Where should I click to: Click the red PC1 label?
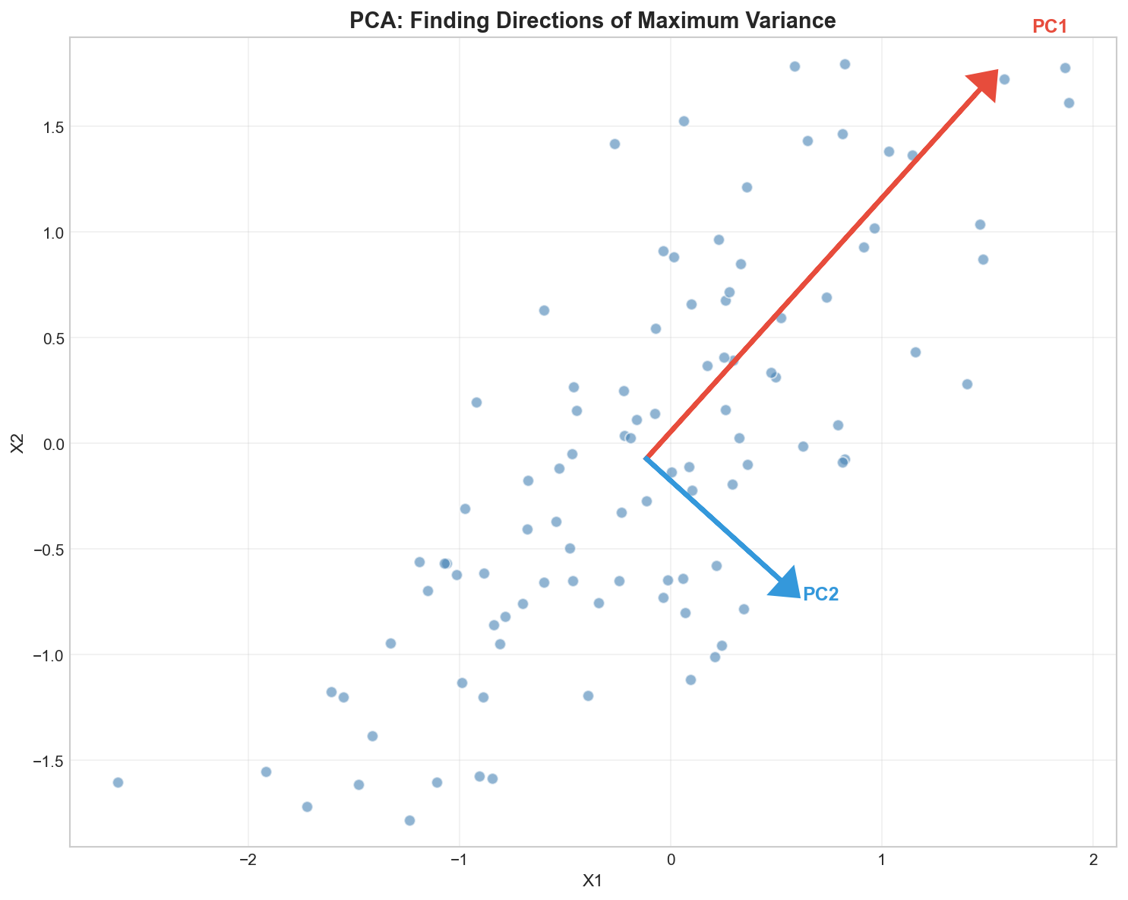click(x=1050, y=27)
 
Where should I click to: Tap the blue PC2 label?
click(x=821, y=594)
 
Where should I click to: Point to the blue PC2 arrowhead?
click(x=785, y=583)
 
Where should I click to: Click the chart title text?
click(x=592, y=21)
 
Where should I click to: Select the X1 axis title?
click(x=592, y=881)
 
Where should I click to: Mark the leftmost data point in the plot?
click(x=118, y=782)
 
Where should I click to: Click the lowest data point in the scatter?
click(x=409, y=820)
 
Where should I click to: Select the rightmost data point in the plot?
click(x=1069, y=103)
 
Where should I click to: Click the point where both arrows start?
click(x=645, y=458)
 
